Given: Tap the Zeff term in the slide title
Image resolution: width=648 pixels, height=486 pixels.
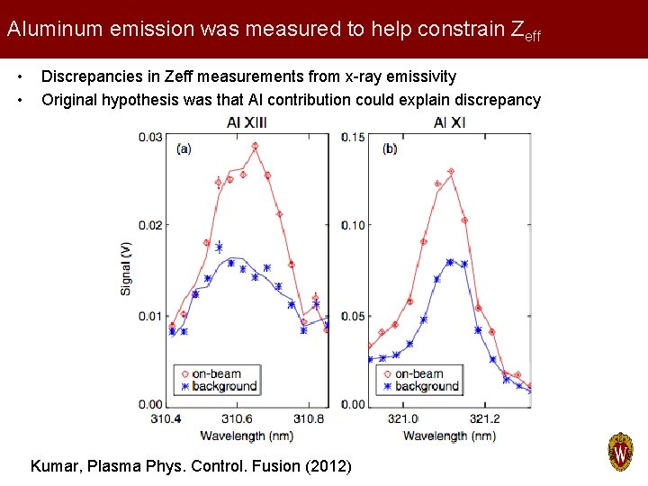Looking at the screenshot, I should [526, 30].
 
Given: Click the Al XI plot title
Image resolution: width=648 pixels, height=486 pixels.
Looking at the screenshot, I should [449, 121].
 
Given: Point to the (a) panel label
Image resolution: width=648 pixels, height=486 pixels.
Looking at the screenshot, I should [183, 148].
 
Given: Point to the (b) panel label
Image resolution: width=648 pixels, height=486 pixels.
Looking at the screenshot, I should [390, 148].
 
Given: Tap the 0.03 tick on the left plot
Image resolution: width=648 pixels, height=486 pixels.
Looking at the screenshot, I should [150, 137].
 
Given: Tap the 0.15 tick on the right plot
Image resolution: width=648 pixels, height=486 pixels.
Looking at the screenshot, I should [355, 137].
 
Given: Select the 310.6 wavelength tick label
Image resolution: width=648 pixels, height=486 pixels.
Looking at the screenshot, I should [237, 418].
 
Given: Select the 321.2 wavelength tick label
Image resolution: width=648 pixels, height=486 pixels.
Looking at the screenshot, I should [484, 418].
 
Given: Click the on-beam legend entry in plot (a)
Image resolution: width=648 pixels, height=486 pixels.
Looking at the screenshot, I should [216, 373].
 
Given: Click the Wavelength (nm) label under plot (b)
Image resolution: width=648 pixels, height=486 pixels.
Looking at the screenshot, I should [448, 436].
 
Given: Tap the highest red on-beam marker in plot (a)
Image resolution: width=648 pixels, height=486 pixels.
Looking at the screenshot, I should [255, 146].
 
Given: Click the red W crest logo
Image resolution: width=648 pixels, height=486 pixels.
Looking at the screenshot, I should [621, 452].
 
